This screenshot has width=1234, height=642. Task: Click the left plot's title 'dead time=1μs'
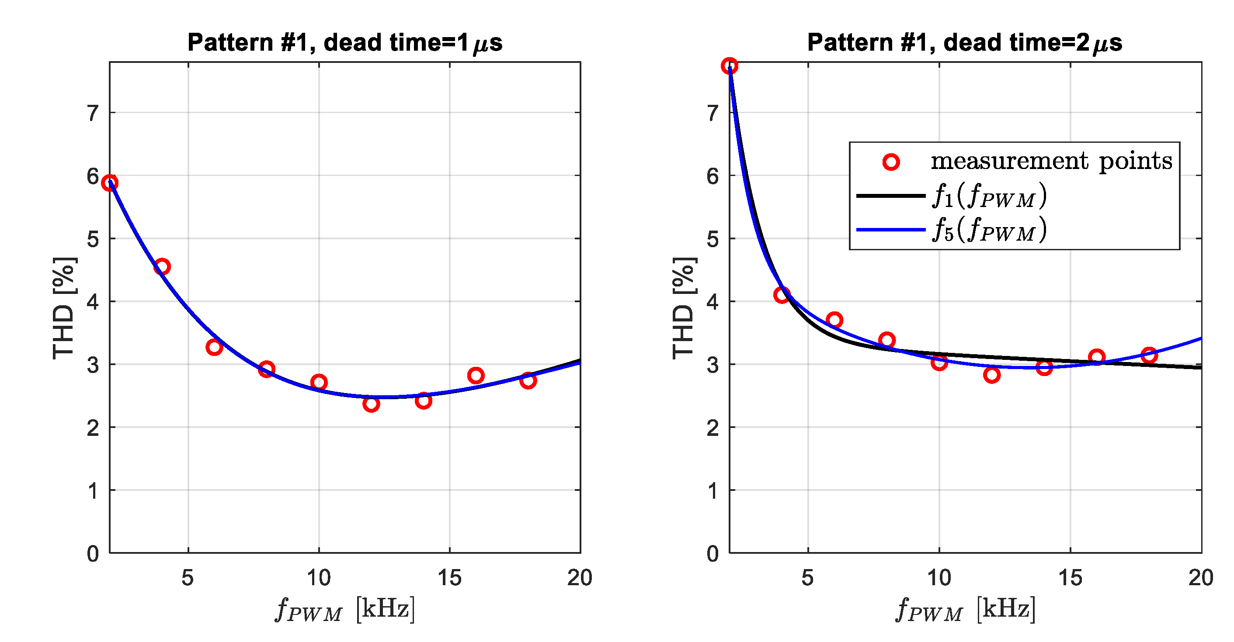345,43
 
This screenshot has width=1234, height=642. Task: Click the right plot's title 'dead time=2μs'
965,43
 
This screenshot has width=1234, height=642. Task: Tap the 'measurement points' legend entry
1051,161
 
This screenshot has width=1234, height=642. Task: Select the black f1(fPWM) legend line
890,195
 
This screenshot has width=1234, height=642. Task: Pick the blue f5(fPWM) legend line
890,230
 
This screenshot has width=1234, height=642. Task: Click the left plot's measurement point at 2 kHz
110,183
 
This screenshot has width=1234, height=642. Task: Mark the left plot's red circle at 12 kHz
371,404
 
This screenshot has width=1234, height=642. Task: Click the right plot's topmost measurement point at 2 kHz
730,66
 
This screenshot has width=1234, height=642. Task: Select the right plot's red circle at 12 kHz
991,374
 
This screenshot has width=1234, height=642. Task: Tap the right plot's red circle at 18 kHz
1149,355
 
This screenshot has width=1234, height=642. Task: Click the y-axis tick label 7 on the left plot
93,114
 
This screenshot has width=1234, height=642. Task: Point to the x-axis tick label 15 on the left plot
449,578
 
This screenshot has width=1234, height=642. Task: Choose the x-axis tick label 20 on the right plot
1200,578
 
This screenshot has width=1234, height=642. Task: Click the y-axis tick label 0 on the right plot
713,554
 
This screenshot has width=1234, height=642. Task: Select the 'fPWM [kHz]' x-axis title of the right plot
965,609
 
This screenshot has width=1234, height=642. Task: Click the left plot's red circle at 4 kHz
162,267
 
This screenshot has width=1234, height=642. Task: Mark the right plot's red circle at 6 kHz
834,320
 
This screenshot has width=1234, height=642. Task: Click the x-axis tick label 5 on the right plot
808,578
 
